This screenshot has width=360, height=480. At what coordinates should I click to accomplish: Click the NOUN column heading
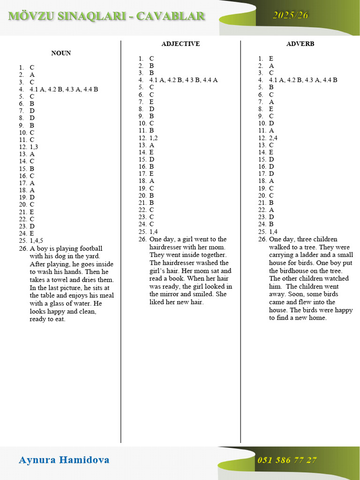[x=61, y=53]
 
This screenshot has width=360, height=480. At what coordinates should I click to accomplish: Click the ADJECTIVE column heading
[x=180, y=44]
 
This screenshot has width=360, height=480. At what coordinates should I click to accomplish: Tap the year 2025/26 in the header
[x=291, y=15]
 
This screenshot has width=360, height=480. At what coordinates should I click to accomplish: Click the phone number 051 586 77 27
[x=287, y=460]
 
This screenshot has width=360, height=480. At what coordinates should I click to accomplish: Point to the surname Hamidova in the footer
[x=84, y=460]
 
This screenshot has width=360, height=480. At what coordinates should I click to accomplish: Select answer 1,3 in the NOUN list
[x=34, y=147]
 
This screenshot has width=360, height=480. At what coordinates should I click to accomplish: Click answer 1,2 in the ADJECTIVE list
[x=154, y=138]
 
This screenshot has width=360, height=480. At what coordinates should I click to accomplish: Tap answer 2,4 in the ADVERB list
[x=273, y=138]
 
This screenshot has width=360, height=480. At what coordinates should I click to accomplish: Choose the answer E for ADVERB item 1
[x=271, y=59]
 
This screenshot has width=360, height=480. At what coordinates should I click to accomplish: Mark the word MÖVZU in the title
[x=30, y=16]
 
